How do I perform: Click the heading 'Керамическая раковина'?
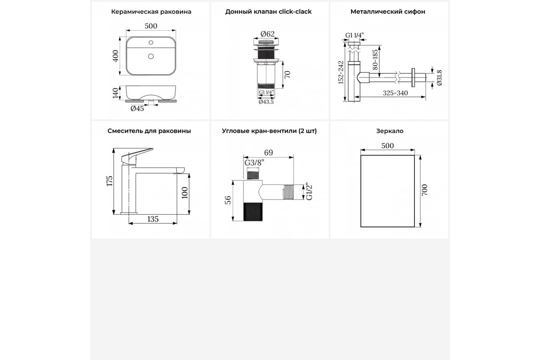tap(151, 12)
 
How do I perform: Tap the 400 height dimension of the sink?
tap(115, 56)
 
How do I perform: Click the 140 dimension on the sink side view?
tap(115, 93)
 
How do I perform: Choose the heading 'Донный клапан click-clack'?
tap(269, 12)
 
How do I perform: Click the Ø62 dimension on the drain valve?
tap(268, 33)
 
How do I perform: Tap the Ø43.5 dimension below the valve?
tap(266, 102)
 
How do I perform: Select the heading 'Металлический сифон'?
tap(387, 12)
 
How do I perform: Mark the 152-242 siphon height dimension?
tap(341, 73)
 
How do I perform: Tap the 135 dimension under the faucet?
tap(153, 219)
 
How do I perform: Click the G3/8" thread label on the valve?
tap(254, 163)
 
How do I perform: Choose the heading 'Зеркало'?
tap(390, 131)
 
